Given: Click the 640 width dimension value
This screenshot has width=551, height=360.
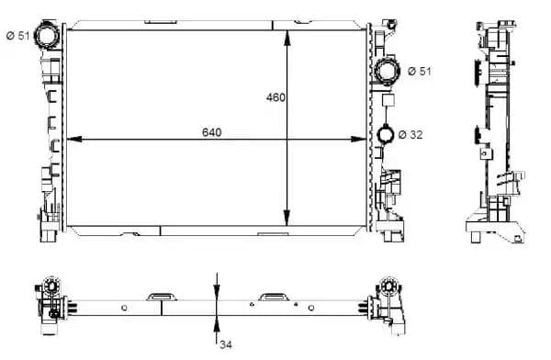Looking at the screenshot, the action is click(x=211, y=132).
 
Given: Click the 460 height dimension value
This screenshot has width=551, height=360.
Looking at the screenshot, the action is click(x=275, y=97).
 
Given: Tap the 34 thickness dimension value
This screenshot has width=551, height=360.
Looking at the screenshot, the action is click(x=226, y=344).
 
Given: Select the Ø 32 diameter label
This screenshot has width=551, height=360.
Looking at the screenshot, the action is click(x=410, y=135).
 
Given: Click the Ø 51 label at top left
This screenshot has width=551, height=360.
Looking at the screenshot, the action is click(x=17, y=36).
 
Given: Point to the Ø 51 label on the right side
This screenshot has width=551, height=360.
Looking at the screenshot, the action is click(x=420, y=71).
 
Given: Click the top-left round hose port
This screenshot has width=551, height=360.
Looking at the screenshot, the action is click(x=46, y=34).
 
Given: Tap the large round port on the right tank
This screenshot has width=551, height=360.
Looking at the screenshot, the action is click(x=387, y=71).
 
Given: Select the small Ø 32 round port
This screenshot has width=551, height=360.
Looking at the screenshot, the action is click(x=386, y=135).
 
